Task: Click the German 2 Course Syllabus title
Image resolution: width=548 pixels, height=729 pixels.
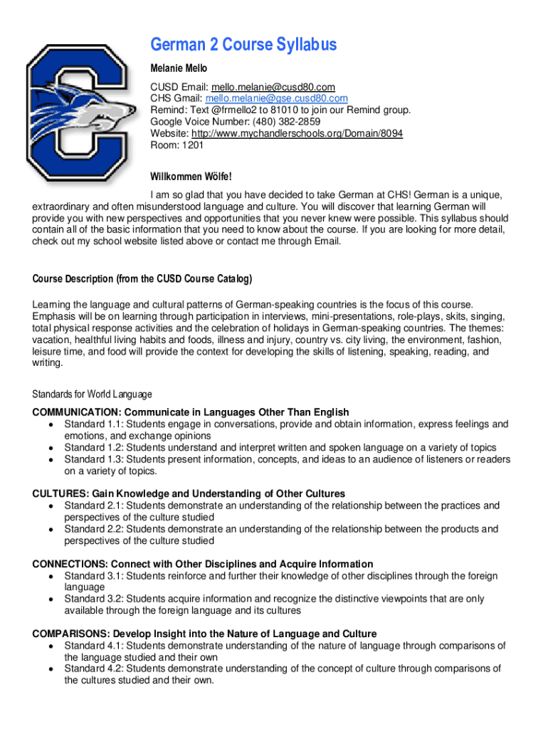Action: pyautogui.click(x=243, y=45)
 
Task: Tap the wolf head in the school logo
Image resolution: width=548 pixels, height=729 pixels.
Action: pyautogui.click(x=100, y=114)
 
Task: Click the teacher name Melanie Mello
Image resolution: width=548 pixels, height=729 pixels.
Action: pyautogui.click(x=178, y=68)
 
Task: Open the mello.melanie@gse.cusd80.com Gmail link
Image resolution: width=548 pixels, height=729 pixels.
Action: pyautogui.click(x=277, y=98)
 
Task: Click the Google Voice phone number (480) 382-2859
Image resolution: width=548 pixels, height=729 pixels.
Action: pyautogui.click(x=284, y=122)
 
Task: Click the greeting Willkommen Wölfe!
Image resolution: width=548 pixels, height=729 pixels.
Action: pyautogui.click(x=191, y=176)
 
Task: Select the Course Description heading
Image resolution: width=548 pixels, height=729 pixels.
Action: pyautogui.click(x=142, y=278)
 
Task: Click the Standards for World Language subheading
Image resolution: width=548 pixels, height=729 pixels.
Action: pyautogui.click(x=92, y=394)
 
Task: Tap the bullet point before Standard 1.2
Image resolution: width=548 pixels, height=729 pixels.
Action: pyautogui.click(x=51, y=448)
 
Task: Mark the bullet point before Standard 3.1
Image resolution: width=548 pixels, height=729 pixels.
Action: pyautogui.click(x=51, y=576)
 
